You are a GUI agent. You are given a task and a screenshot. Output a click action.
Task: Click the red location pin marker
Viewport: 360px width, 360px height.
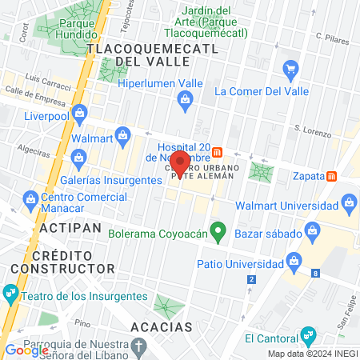[181, 163]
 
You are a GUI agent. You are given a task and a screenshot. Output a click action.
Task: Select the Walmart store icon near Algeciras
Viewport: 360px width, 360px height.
[122, 135]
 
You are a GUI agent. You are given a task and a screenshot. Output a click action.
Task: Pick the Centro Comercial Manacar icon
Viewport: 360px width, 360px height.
[30, 198]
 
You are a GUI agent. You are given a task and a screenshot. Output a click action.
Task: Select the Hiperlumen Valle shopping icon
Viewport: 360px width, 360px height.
[185, 100]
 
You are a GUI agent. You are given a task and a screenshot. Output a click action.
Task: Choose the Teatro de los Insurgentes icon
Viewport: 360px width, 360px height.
[11, 291]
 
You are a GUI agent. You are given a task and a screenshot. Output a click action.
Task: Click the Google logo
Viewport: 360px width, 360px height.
[26, 350]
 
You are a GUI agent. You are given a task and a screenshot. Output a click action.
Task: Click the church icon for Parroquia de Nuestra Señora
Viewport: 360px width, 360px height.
[140, 346]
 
